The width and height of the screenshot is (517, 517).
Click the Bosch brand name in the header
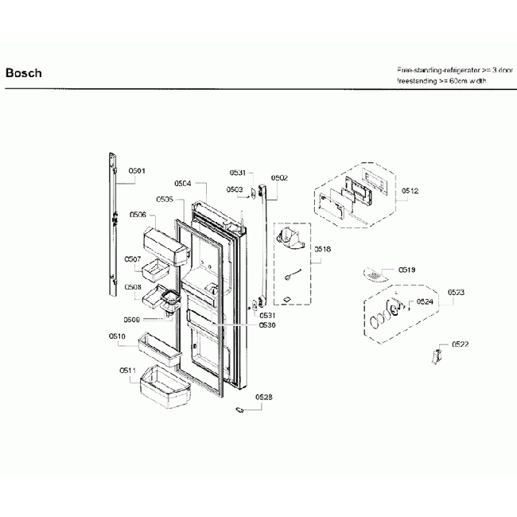pos(23,73)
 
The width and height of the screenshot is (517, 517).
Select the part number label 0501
pos(138,171)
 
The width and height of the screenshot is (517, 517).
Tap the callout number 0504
pos(182,183)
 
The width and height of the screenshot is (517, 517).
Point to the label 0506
pos(138,215)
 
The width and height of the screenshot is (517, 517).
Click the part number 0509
pos(132,320)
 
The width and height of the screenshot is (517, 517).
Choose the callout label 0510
pos(118,336)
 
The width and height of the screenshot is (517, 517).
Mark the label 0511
pos(127,371)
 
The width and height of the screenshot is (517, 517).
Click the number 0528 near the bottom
pos(263,396)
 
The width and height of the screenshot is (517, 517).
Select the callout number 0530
pos(267,325)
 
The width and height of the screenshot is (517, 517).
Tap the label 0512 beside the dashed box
pos(410,191)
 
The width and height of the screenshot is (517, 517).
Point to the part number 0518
pos(322,249)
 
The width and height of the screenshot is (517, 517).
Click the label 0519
pos(406,270)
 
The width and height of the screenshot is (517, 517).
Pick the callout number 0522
pos(460,344)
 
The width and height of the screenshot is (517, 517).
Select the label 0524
pos(426,302)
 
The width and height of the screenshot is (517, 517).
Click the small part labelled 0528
pos(239,410)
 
